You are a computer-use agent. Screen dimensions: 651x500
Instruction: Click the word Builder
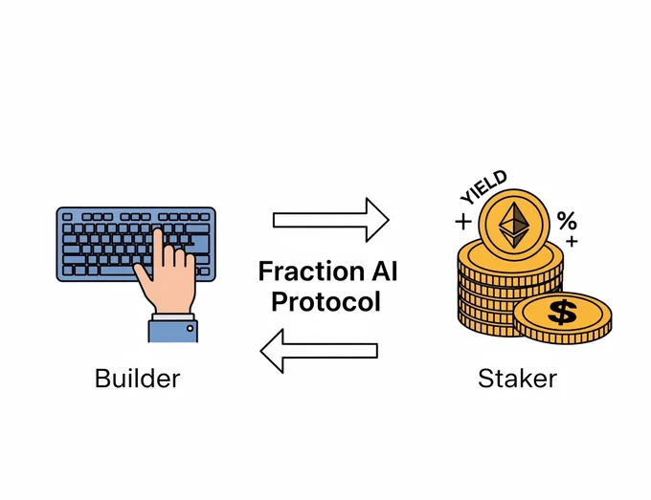(138, 379)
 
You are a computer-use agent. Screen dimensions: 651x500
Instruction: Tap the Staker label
(517, 379)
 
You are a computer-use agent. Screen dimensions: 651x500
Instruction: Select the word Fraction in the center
(311, 272)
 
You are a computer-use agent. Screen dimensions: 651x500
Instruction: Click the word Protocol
(325, 302)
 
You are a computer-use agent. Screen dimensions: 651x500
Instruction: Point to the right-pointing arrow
(331, 220)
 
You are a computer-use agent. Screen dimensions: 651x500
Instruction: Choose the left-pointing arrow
(319, 351)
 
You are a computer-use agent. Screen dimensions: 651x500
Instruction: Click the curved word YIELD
(483, 187)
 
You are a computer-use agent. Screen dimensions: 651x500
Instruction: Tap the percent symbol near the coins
(567, 220)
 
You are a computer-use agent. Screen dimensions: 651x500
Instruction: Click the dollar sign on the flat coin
(562, 313)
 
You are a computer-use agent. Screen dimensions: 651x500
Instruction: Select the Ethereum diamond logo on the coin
(514, 225)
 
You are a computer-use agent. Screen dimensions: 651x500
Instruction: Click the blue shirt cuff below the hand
(172, 331)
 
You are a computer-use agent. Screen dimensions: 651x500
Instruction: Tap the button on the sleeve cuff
(191, 328)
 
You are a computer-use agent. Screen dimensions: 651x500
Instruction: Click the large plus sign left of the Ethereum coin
(463, 222)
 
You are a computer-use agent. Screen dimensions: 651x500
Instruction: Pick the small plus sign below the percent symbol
(572, 241)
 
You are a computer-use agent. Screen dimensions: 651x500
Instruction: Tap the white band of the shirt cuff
(173, 316)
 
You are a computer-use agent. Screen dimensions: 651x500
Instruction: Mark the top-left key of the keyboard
(67, 217)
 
